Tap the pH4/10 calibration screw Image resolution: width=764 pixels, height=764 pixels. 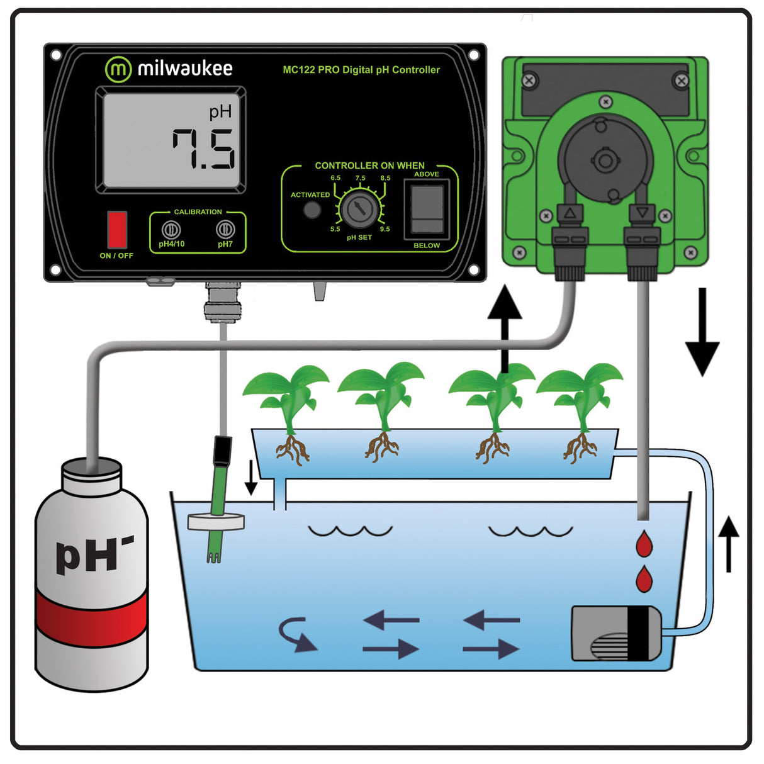pyautogui.click(x=171, y=230)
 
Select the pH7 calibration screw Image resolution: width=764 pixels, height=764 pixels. pyautogui.click(x=225, y=230)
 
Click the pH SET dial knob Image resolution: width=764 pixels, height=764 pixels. pyautogui.click(x=360, y=209)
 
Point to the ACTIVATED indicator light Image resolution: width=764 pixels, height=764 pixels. pyautogui.click(x=312, y=210)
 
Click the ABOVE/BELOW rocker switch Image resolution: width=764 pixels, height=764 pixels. pyautogui.click(x=427, y=210)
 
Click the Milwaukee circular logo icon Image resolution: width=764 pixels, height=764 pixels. pyautogui.click(x=118, y=69)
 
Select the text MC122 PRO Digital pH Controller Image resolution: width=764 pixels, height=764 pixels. pyautogui.click(x=361, y=70)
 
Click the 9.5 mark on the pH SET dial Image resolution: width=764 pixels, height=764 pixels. pyautogui.click(x=385, y=228)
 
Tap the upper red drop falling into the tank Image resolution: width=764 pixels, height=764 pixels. pyautogui.click(x=644, y=544)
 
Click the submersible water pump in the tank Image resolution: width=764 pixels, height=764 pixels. pyautogui.click(x=616, y=633)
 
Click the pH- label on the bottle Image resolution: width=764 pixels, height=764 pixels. pyautogui.click(x=94, y=554)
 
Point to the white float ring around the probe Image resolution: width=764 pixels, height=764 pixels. pyautogui.click(x=216, y=520)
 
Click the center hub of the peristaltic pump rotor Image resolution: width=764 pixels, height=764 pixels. pyautogui.click(x=605, y=160)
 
